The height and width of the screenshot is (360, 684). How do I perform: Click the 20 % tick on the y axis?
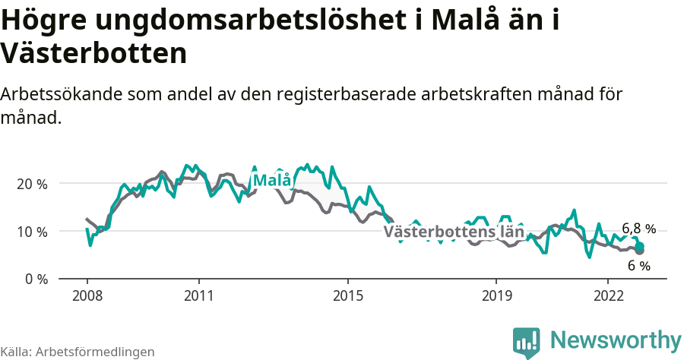click(30, 184)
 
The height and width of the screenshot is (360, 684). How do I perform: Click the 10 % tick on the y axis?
click(30, 232)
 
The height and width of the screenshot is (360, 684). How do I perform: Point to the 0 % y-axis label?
click(34, 279)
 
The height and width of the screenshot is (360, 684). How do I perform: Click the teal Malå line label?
click(271, 181)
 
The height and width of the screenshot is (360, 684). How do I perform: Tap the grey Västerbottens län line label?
click(454, 232)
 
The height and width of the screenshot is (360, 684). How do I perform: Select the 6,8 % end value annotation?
click(638, 229)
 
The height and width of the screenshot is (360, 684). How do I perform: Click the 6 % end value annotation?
click(639, 266)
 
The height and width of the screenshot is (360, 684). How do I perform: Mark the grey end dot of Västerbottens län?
click(640, 251)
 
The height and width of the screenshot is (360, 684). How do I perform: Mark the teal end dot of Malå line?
click(640, 246)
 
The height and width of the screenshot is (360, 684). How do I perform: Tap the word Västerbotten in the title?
click(93, 54)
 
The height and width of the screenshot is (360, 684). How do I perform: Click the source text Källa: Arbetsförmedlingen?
click(78, 352)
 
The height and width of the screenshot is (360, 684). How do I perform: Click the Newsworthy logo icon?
click(526, 343)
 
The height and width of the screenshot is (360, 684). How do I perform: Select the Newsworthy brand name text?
click(616, 339)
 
